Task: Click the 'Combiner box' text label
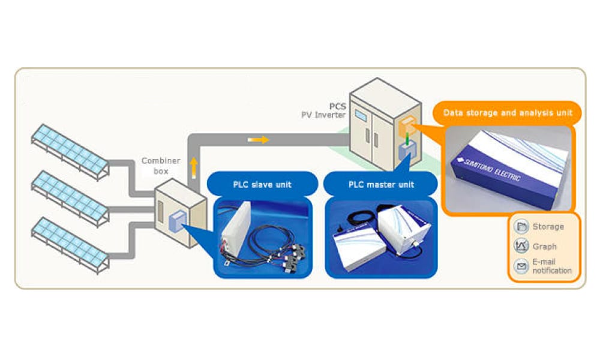coord(158,166)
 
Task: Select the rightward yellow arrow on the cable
coord(258,140)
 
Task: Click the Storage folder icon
coord(521,227)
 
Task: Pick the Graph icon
coord(521,246)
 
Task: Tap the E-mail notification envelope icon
coord(521,265)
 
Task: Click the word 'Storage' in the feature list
coord(548,227)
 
